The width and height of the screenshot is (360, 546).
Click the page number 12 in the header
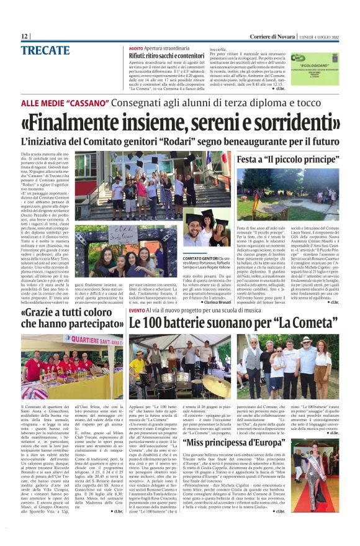[24, 36]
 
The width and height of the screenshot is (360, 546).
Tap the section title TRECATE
[45, 49]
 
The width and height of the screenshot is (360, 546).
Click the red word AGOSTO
[136, 48]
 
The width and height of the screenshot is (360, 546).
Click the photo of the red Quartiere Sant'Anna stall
[71, 366]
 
